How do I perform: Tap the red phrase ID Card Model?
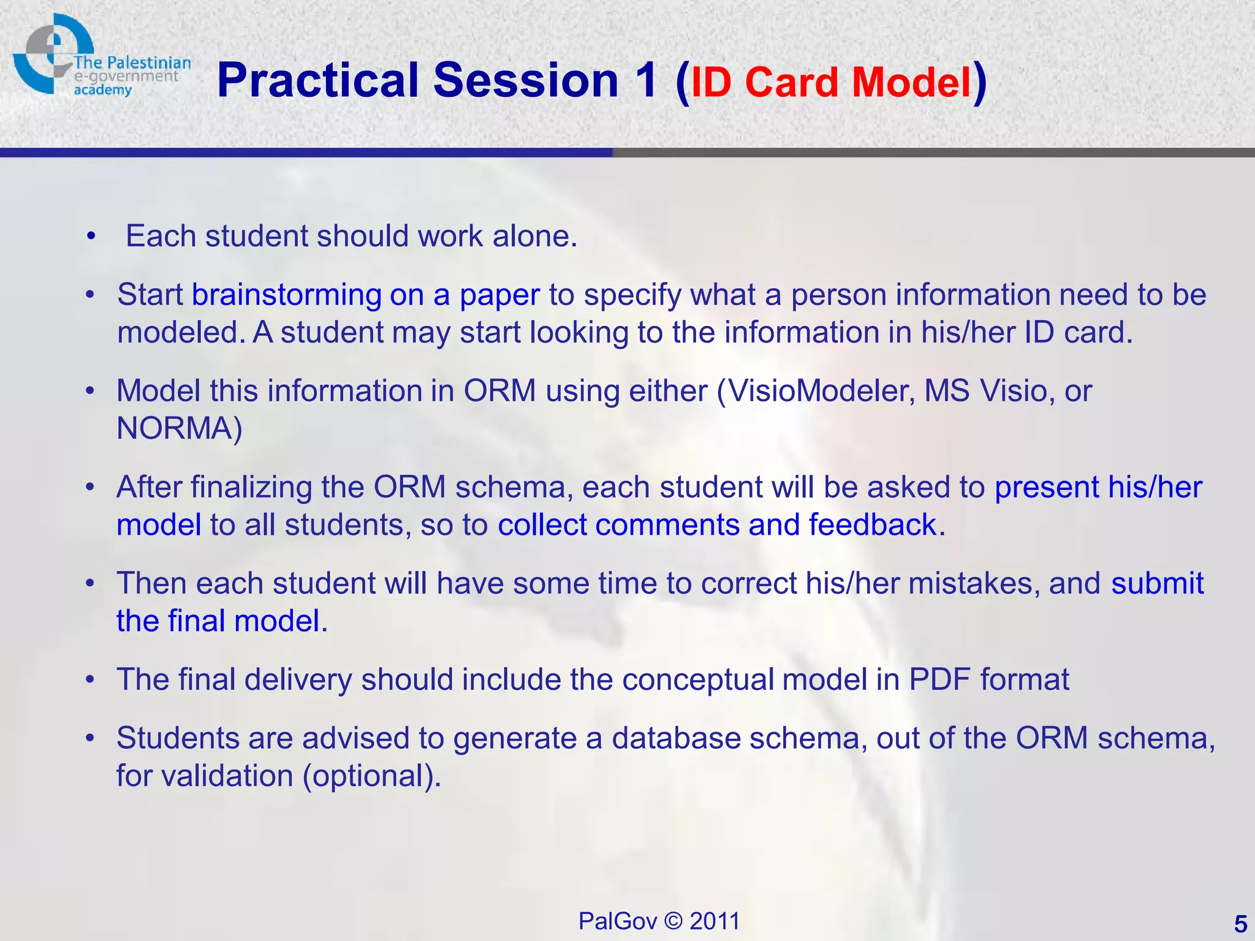[x=831, y=83]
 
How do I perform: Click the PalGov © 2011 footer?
[x=659, y=921]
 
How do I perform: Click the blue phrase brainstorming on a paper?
[x=366, y=295]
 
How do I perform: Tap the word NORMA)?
[x=180, y=428]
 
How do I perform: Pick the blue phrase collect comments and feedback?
[x=717, y=525]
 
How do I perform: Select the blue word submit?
[x=1158, y=583]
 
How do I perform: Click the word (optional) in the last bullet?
[x=371, y=776]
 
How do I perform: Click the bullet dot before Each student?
[x=91, y=236]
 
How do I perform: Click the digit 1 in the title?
[x=646, y=81]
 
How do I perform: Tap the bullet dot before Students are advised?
[x=90, y=738]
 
